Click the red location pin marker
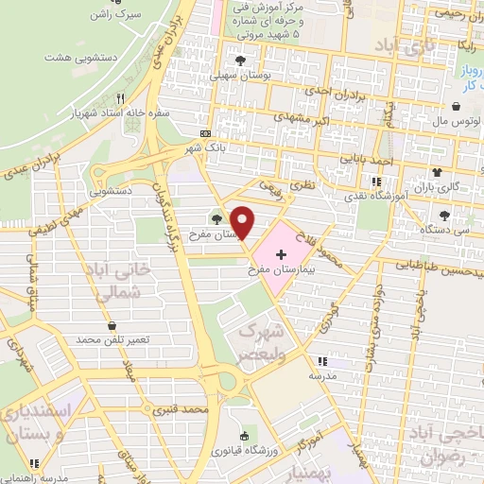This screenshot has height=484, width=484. (243, 221)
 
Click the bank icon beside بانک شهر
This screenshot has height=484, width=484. (205, 133)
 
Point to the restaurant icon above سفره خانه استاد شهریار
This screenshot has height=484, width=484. (120, 98)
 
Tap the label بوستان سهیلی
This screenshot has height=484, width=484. (235, 71)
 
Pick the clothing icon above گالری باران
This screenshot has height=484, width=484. (437, 172)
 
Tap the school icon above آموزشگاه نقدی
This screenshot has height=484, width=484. (376, 180)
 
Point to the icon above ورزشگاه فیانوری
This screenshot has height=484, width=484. (245, 436)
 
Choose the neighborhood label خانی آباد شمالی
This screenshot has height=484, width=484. (132, 281)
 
